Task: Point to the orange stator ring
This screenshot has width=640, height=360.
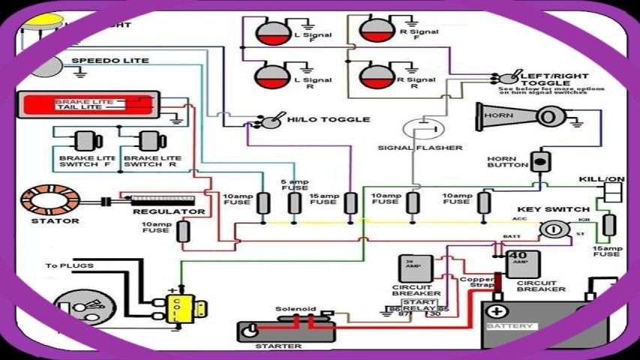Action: click(50, 199)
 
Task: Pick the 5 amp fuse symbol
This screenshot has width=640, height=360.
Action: click(295, 203)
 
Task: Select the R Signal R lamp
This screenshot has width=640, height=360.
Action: click(374, 76)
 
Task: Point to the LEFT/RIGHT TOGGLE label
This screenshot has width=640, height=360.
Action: click(554, 76)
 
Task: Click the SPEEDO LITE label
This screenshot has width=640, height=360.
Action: click(110, 60)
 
